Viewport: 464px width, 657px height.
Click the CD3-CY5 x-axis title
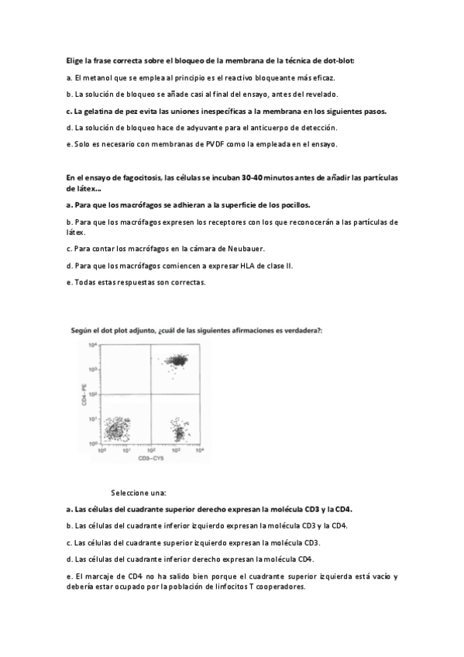coord(150,459)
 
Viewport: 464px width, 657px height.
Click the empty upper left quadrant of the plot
coord(125,368)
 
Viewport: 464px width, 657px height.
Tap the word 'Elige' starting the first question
coord(75,60)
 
